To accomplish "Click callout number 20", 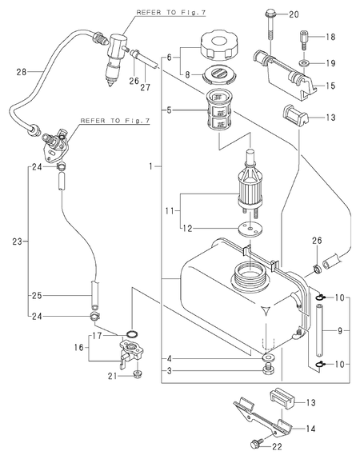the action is tap(294, 14).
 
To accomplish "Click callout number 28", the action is tap(22, 72).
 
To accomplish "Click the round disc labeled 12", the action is tap(250, 228).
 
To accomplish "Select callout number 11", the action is tap(170, 210).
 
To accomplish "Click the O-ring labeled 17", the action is tap(133, 333).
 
